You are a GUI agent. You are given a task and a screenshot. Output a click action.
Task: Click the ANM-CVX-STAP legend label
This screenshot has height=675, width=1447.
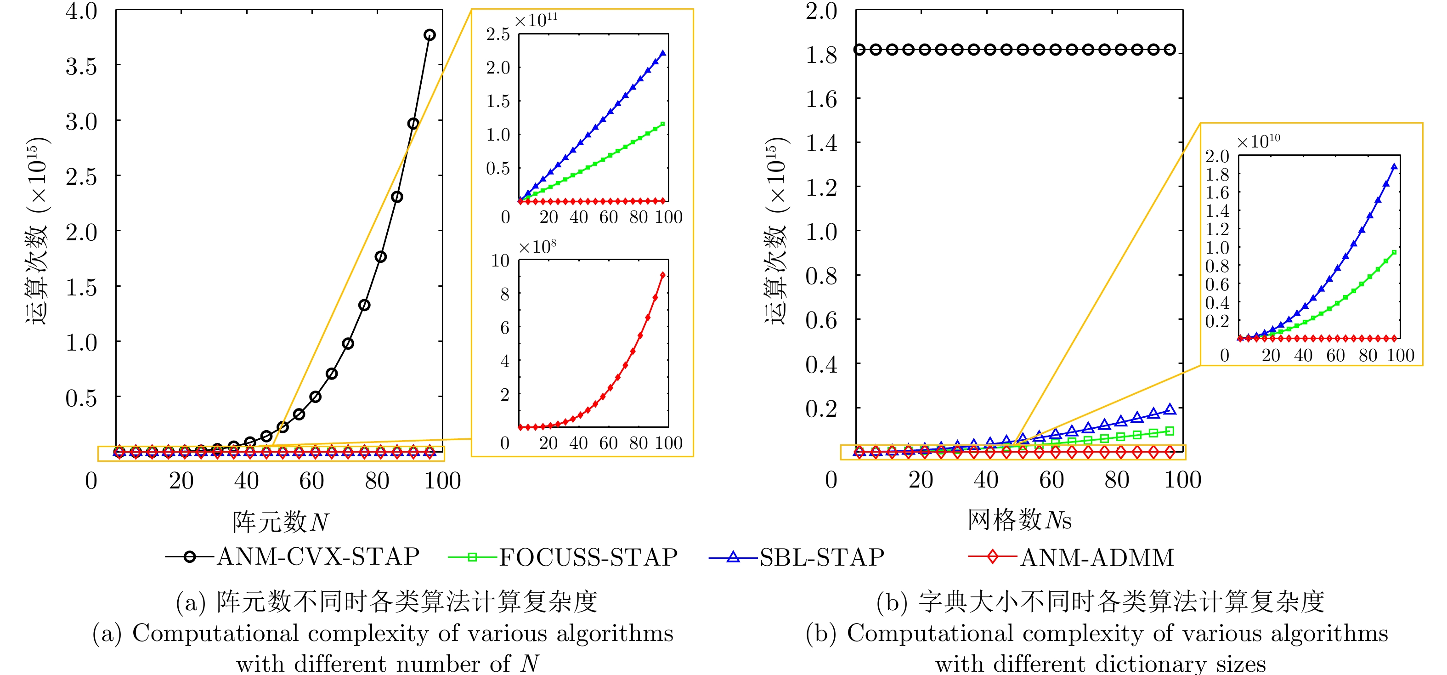pos(318,557)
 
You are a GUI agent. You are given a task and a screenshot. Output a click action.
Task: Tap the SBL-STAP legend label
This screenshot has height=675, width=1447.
pos(822,557)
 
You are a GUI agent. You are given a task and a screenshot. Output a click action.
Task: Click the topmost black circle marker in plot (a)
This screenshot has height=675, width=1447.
pos(429,35)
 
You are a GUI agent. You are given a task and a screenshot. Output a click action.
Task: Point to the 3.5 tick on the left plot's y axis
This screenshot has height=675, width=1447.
pos(81,66)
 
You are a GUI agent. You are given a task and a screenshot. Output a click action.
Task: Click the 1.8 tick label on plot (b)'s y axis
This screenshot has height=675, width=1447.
pos(821,55)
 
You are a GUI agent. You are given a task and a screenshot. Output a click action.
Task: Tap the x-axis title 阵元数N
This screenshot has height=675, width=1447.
pos(280,522)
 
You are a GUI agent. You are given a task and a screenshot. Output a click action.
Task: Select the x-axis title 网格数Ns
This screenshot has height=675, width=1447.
pos(1019,520)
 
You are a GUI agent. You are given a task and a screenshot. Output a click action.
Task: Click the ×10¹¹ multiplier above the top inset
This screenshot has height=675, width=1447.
pos(536,20)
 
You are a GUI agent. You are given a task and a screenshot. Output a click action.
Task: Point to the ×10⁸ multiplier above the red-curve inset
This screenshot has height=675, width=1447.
pos(537,247)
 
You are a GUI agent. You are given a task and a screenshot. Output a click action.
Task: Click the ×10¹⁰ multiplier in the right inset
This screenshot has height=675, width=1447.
pos(1258,141)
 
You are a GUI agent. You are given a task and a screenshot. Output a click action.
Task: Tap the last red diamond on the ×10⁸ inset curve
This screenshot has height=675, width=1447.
pos(663,275)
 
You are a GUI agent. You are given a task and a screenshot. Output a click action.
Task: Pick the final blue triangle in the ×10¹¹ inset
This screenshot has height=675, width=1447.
pos(663,53)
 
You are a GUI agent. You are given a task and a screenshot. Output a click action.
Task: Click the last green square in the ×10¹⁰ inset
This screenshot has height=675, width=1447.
pos(1394,252)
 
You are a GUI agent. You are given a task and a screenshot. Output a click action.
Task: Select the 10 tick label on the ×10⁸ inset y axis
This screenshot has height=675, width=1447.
pos(500,261)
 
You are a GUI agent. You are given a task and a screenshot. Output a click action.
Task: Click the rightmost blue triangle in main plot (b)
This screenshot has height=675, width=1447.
pos(1170,409)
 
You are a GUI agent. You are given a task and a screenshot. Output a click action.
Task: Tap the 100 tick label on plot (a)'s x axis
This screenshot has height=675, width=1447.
pos(442,481)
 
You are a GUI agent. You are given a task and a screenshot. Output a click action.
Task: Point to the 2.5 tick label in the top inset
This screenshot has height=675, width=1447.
pos(497,35)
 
